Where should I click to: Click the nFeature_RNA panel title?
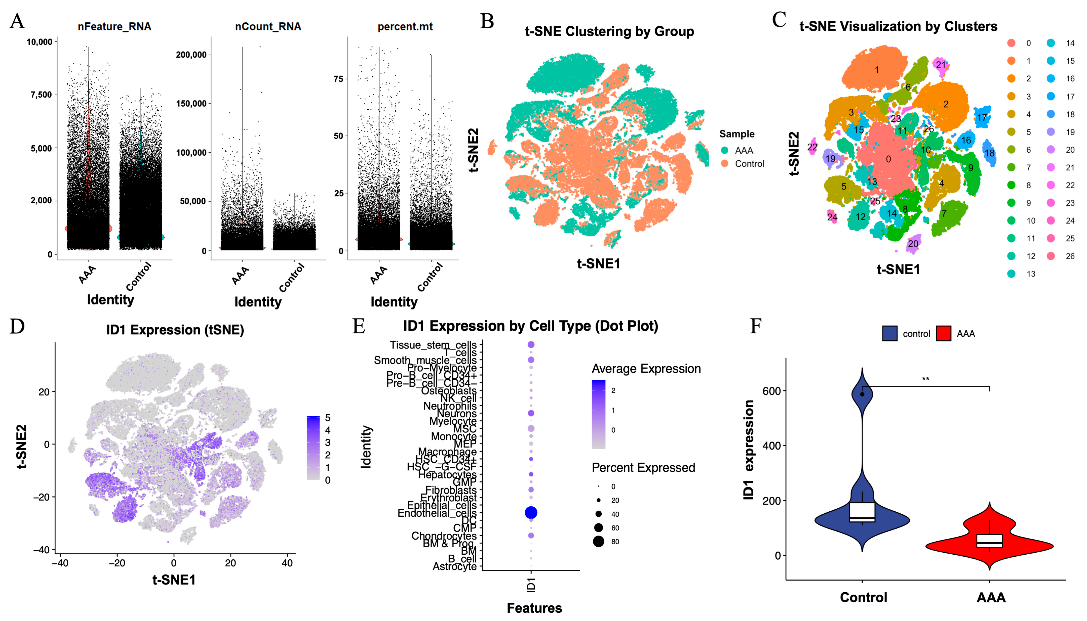click(114, 26)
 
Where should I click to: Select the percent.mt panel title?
click(405, 26)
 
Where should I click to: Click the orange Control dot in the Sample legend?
click(725, 164)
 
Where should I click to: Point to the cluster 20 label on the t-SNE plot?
click(913, 244)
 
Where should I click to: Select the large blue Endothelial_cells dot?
click(531, 513)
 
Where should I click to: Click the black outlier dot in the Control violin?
click(862, 394)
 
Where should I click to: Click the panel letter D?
click(17, 326)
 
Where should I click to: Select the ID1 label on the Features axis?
click(531, 585)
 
